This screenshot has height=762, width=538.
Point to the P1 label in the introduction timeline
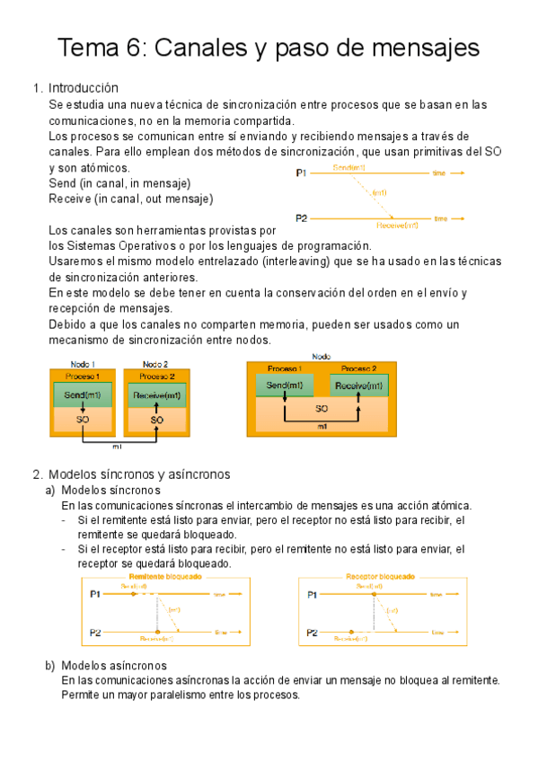click(x=302, y=172)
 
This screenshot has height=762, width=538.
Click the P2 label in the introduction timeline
click(x=302, y=218)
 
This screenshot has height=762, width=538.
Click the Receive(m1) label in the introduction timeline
click(x=397, y=225)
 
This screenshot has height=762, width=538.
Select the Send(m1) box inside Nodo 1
click(x=82, y=395)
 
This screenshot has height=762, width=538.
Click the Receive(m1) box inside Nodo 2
click(x=156, y=395)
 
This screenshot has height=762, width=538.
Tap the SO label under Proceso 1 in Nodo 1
click(x=82, y=419)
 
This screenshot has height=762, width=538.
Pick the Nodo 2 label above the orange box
click(x=156, y=364)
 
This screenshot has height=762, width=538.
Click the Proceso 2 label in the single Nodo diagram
click(x=359, y=368)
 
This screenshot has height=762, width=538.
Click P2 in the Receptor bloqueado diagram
click(x=312, y=633)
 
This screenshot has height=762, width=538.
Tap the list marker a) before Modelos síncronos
click(x=50, y=491)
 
